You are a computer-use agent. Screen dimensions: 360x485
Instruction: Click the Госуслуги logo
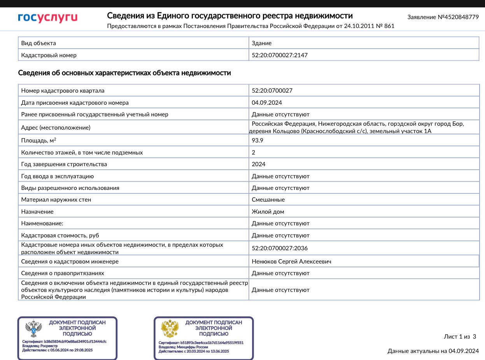(x=47, y=18)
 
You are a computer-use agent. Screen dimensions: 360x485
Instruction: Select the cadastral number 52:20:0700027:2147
(x=280, y=55)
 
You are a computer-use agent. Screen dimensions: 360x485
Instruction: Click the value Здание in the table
(x=262, y=43)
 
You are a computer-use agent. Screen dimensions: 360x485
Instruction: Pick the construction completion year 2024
(x=259, y=164)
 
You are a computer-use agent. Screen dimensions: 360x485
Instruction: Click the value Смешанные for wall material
(x=268, y=200)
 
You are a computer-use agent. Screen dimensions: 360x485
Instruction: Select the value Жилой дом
(x=268, y=212)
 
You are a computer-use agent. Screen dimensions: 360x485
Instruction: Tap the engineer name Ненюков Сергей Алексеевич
(x=291, y=262)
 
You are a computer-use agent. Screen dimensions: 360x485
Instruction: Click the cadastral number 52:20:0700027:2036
(x=280, y=248)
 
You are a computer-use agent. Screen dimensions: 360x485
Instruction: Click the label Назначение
(x=37, y=212)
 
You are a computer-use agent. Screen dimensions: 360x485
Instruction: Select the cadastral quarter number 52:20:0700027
(x=272, y=91)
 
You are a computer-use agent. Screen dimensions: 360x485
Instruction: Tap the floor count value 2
(x=254, y=153)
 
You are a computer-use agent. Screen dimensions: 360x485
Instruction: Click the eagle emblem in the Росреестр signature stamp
(x=33, y=329)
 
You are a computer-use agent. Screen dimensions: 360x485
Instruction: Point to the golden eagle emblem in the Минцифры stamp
(x=170, y=329)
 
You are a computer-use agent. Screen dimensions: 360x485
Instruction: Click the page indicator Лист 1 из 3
(x=460, y=337)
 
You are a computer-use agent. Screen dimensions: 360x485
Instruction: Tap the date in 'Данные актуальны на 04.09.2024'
(x=464, y=351)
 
